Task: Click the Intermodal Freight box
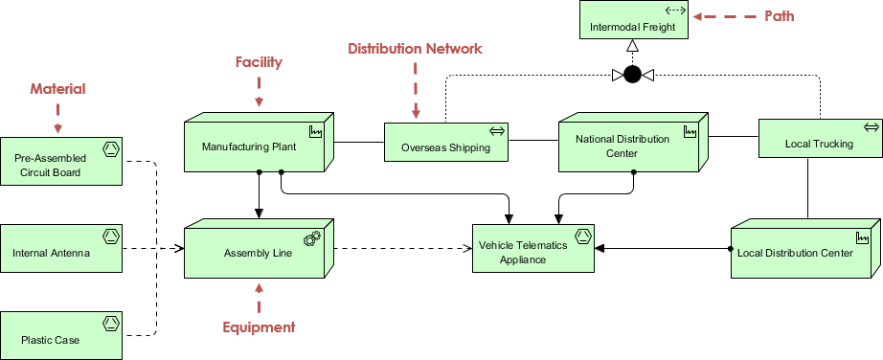634,20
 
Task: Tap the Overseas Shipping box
446,142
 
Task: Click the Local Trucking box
819,138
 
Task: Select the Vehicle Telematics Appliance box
532,248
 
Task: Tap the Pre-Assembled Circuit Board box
61,161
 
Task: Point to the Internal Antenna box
61,248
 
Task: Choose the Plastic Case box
61,335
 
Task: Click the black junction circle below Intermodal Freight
633,75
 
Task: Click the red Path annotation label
780,16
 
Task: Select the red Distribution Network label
415,49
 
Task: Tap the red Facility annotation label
259,62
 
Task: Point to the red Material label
57,88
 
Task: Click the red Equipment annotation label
259,326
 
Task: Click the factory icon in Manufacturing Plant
316,132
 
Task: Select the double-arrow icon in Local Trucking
871,128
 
